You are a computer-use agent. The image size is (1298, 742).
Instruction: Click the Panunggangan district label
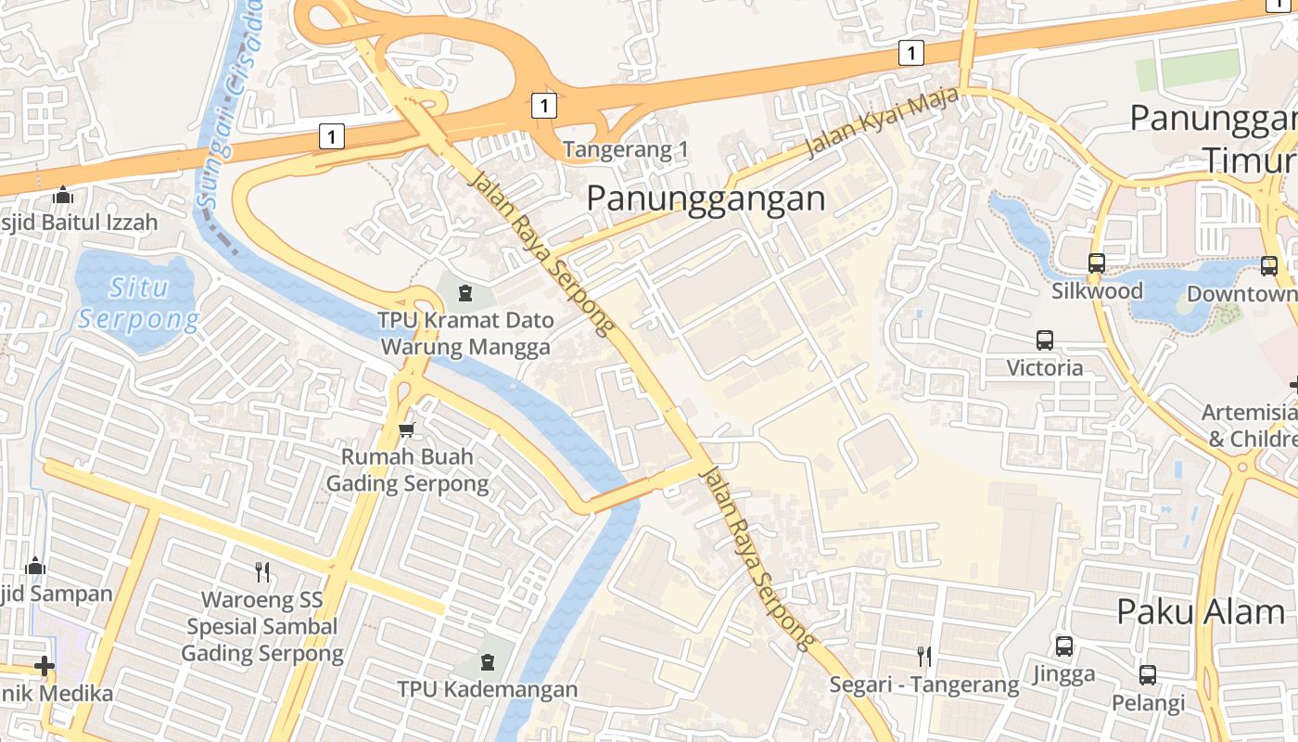pos(706,198)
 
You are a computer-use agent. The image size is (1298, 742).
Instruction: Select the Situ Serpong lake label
pos(138,303)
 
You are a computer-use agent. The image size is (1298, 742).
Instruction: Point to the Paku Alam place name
pos(1200,612)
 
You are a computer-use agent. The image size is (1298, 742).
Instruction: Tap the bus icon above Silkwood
pos(1097,263)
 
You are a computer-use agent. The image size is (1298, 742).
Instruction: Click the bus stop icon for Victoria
pos(1045,340)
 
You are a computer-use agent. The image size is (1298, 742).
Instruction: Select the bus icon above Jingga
pos(1064,646)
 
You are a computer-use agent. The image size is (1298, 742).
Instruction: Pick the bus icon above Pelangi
pos(1148,675)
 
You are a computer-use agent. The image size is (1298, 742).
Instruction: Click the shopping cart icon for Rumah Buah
pos(406,429)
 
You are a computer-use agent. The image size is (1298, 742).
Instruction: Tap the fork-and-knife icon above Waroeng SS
pos(262,571)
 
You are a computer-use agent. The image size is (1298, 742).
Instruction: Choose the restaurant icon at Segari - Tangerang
pos(923,657)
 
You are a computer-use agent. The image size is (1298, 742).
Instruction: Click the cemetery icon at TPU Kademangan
pos(487,662)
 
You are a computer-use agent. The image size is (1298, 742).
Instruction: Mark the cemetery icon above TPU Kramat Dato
pos(465,293)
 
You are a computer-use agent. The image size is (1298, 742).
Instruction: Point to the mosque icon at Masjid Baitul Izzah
pos(63,195)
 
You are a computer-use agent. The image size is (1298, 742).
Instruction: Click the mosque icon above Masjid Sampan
pos(35,566)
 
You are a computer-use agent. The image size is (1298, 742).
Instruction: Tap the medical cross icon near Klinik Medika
pos(44,666)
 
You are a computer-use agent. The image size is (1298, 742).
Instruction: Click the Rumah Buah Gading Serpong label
pos(407,470)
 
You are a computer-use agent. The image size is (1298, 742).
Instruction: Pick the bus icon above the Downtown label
pos(1268,266)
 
